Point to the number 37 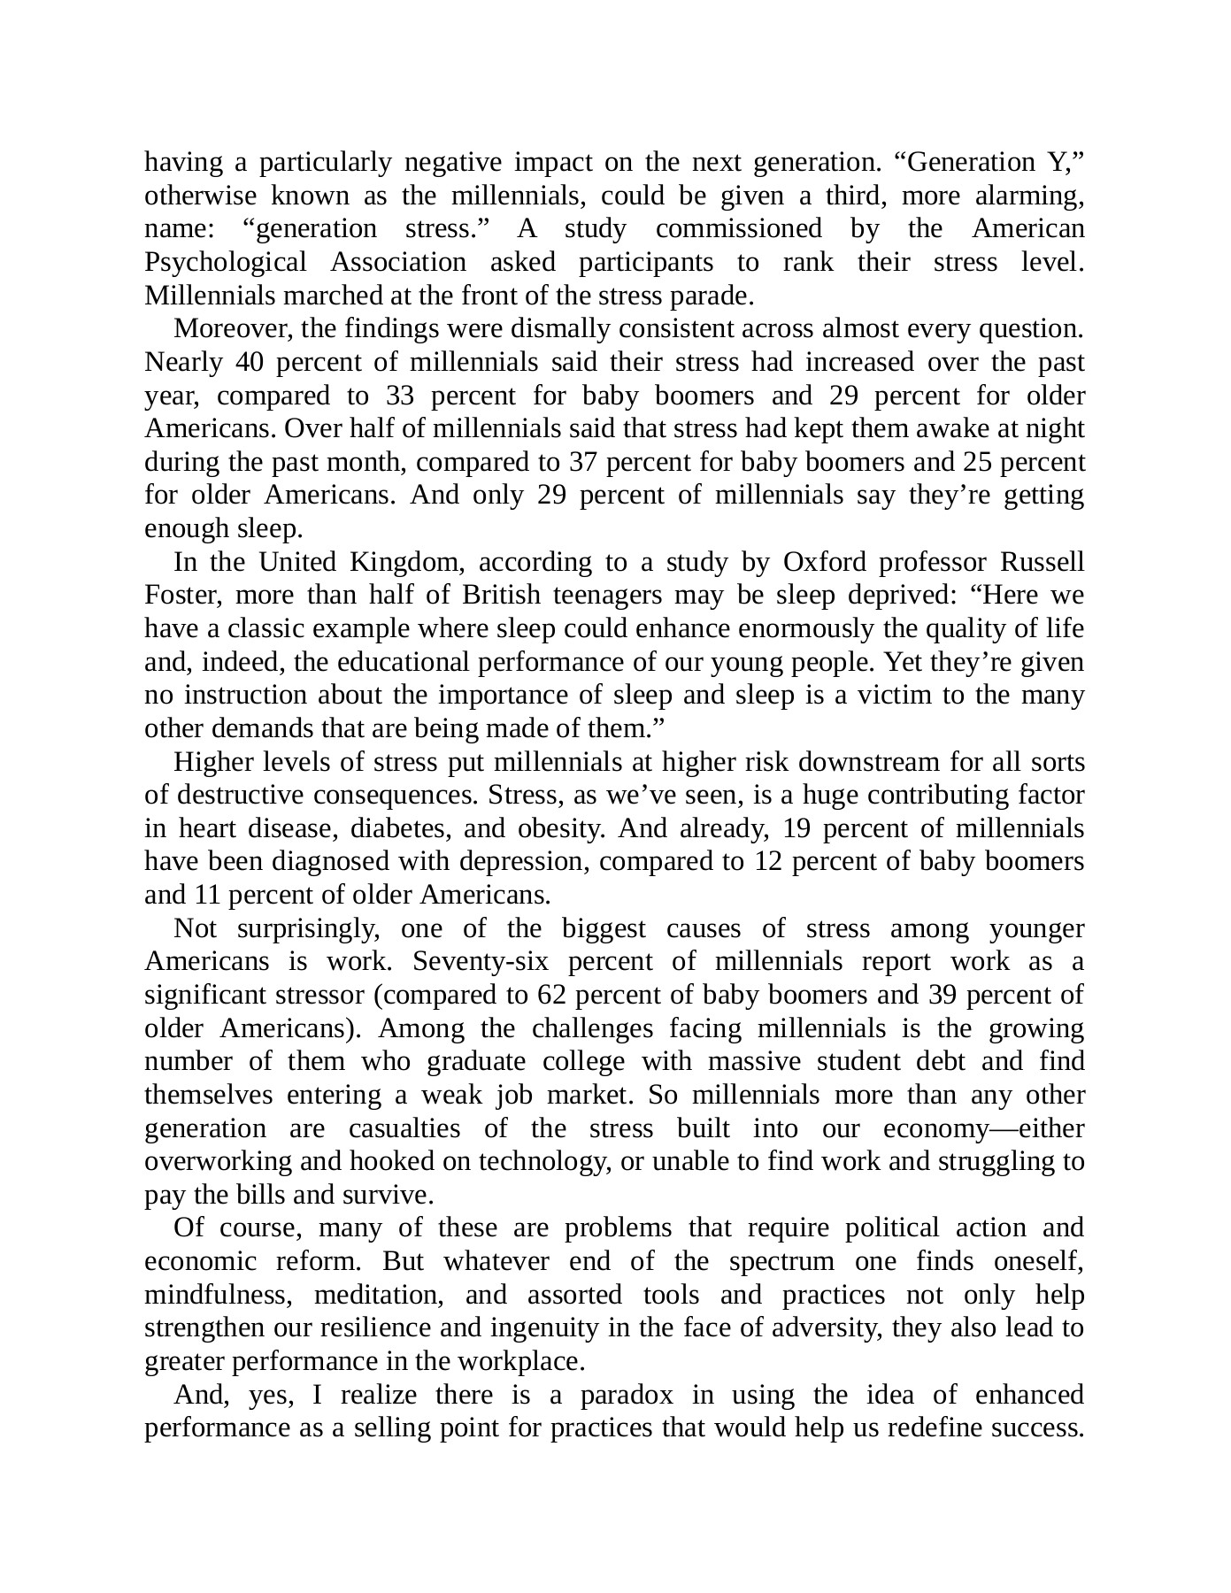click(x=588, y=462)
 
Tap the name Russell click(x=1042, y=562)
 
